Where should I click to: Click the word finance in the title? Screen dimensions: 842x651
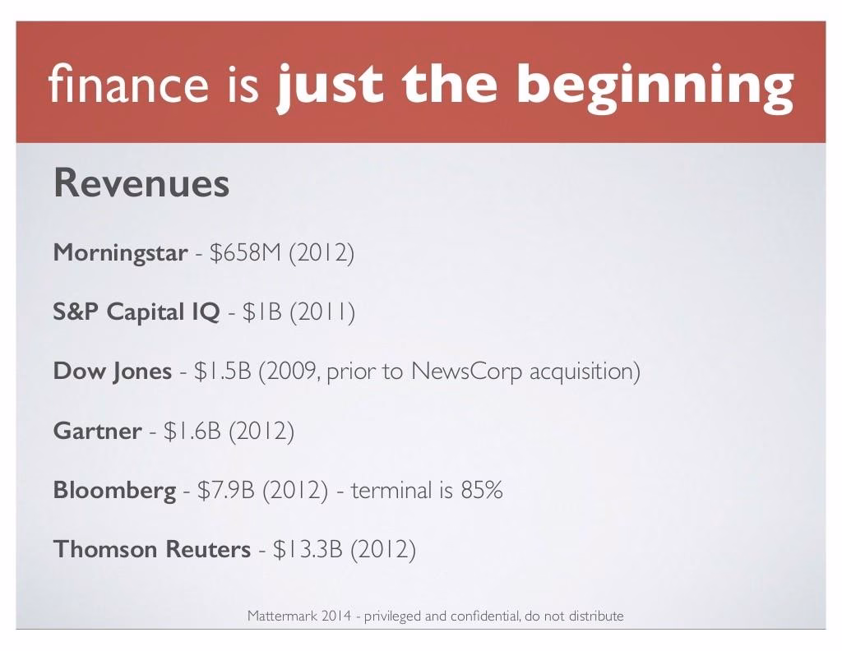click(127, 83)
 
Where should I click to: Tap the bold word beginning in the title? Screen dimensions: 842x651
click(655, 87)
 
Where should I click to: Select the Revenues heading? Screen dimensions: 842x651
click(141, 183)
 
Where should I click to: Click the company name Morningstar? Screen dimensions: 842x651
click(120, 253)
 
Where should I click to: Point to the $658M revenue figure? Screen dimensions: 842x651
click(245, 252)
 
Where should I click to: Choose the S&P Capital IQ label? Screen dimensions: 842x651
click(136, 312)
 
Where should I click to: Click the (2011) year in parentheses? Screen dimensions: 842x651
click(322, 312)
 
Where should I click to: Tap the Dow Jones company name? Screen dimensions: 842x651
click(112, 372)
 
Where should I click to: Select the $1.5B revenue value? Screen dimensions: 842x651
click(222, 371)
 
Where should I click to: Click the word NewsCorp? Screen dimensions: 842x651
click(466, 372)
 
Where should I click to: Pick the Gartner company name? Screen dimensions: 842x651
click(97, 431)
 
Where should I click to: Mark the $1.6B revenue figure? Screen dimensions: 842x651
click(192, 431)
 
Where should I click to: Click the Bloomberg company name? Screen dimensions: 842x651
click(114, 491)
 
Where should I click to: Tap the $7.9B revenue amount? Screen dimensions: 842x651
click(225, 490)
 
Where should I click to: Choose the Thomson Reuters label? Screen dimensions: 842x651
click(152, 549)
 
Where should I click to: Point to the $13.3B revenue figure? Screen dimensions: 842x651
click(308, 549)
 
